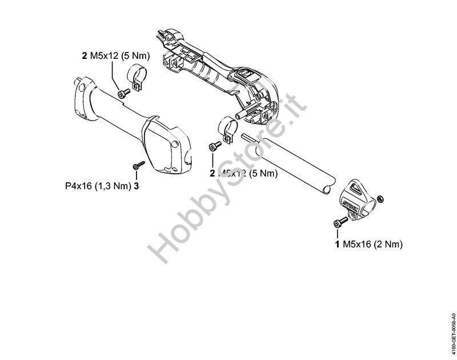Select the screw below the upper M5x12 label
121,93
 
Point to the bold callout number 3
137,186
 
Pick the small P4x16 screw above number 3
137,166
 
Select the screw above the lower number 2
214,146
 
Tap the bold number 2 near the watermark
213,173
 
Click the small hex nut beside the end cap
381,199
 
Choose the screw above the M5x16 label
339,223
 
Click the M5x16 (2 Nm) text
372,244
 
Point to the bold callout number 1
337,244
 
